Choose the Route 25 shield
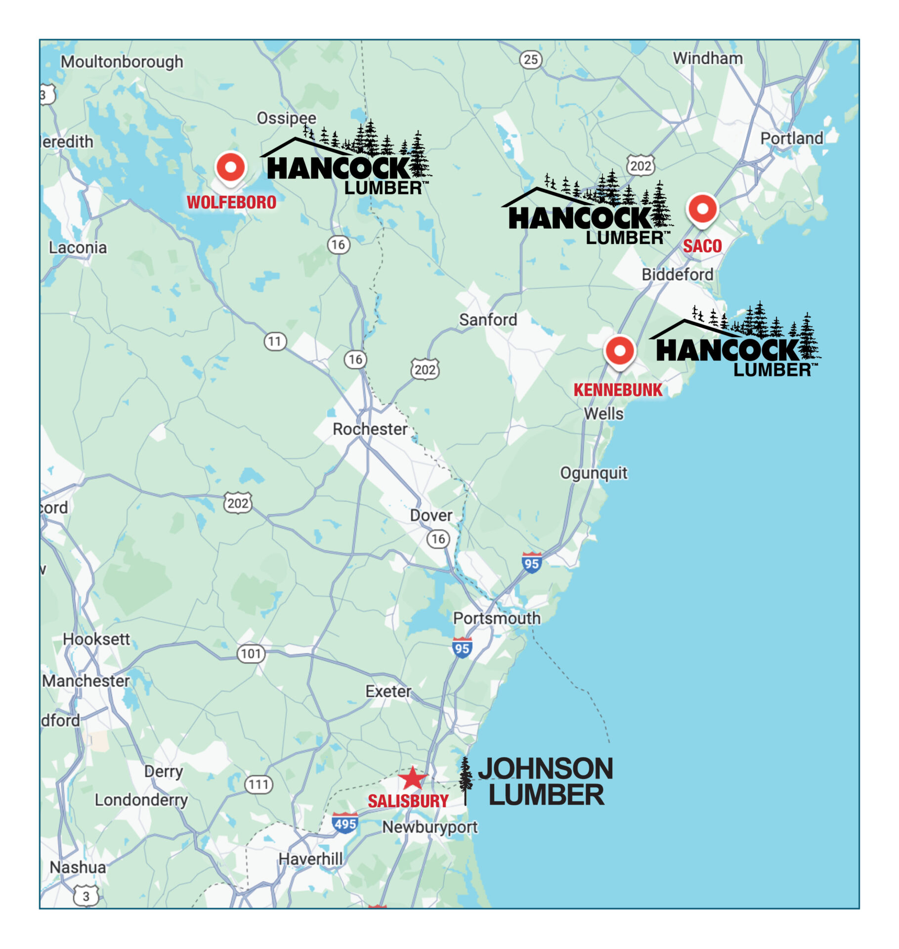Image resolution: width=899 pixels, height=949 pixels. coord(530,60)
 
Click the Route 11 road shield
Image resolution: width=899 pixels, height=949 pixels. coord(275,341)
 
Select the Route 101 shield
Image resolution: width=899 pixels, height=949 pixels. coord(251,653)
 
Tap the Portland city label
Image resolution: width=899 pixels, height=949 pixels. coord(791,138)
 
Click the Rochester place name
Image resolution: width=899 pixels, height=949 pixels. coord(370,429)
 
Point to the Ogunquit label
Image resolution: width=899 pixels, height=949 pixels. coord(593,473)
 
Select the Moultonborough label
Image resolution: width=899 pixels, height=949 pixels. coord(122,62)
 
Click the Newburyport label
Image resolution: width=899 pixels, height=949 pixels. coord(429,827)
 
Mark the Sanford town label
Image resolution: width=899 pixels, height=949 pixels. coord(488,320)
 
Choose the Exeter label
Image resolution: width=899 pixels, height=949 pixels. coord(388,691)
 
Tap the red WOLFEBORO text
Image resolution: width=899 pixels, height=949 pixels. coord(231,202)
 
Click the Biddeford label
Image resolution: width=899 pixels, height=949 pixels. coord(677,274)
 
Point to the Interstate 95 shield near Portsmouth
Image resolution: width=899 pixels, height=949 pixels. coord(462,648)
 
